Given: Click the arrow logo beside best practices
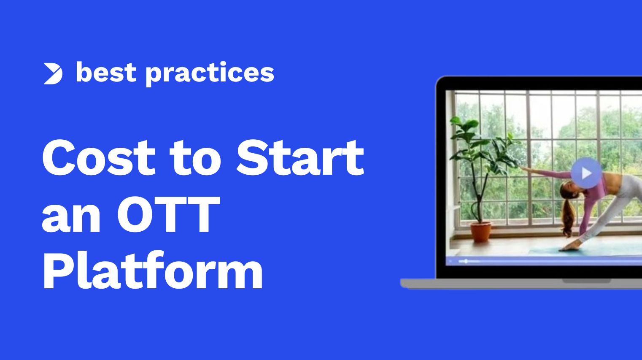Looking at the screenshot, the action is pos(53,74).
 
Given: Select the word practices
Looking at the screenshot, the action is pos(210,73).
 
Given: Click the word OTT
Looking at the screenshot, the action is pos(169,214).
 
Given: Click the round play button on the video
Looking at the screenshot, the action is pos(586,173).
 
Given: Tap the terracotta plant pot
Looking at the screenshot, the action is pos(480,232).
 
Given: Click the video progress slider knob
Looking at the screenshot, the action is pos(466,261).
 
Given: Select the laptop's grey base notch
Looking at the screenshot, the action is pos(586,281).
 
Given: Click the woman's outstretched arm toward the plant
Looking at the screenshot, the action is pos(545,173).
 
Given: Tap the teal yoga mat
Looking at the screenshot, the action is pos(585,248).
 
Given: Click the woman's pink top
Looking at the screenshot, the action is pos(595,198).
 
